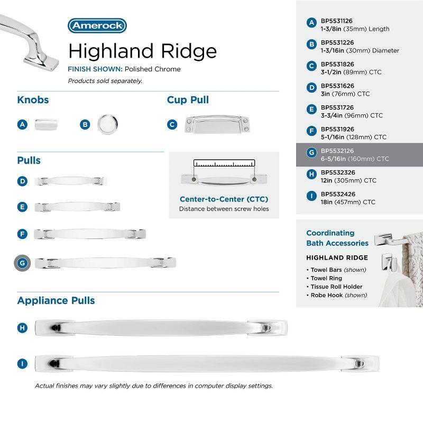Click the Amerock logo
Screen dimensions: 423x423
tap(97, 25)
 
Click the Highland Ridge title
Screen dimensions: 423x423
tap(142, 51)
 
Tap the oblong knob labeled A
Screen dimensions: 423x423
tap(46, 125)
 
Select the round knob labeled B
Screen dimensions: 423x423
tap(107, 124)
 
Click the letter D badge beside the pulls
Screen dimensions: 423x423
tap(22, 181)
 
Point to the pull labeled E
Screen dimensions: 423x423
tap(77, 207)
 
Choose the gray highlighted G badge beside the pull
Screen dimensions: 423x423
tap(22, 262)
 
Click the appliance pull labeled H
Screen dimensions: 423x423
tap(161, 328)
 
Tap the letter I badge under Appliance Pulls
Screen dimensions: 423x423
tap(22, 363)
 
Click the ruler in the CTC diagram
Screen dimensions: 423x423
tap(224, 163)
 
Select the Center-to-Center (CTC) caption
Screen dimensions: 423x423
tap(224, 199)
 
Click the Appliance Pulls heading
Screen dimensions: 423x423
tap(56, 300)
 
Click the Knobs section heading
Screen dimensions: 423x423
tap(33, 100)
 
